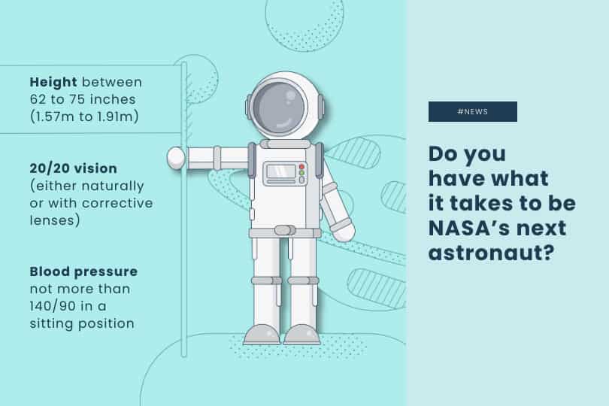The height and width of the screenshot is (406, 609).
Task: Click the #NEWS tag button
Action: point(473,111)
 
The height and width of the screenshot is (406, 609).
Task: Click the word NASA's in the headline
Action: point(464,228)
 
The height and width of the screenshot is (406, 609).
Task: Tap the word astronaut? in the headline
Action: point(492,253)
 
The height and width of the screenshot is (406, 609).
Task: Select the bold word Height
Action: point(53,82)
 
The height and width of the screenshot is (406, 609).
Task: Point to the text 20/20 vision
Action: point(74,168)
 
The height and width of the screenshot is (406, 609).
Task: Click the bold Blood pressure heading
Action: point(83,271)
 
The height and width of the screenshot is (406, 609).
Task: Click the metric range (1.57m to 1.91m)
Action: point(84,117)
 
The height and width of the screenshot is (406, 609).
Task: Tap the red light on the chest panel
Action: point(301,167)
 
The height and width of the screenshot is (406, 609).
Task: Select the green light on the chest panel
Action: point(301,173)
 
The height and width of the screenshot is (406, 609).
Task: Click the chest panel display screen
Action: point(280,171)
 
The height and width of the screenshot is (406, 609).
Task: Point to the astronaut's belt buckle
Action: point(285,231)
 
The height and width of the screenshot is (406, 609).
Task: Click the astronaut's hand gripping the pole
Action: point(175,158)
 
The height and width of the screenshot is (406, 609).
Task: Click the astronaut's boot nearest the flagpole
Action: point(262,335)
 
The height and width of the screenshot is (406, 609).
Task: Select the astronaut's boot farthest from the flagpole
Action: point(302,335)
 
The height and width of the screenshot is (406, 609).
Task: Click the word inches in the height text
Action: point(113,99)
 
